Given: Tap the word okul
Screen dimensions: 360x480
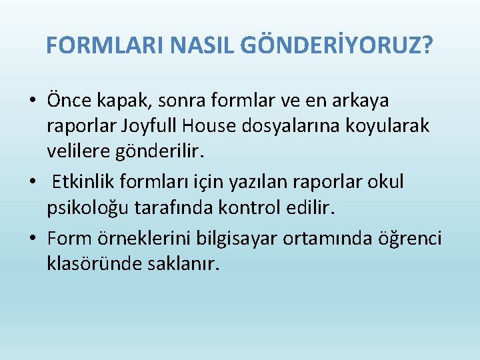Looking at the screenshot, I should pos(389,182).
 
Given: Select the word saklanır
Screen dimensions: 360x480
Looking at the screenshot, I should pos(181,263).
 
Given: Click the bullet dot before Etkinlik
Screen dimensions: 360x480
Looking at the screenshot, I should pos(32,182).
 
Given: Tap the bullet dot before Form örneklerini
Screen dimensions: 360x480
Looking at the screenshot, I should pos(32,237).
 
